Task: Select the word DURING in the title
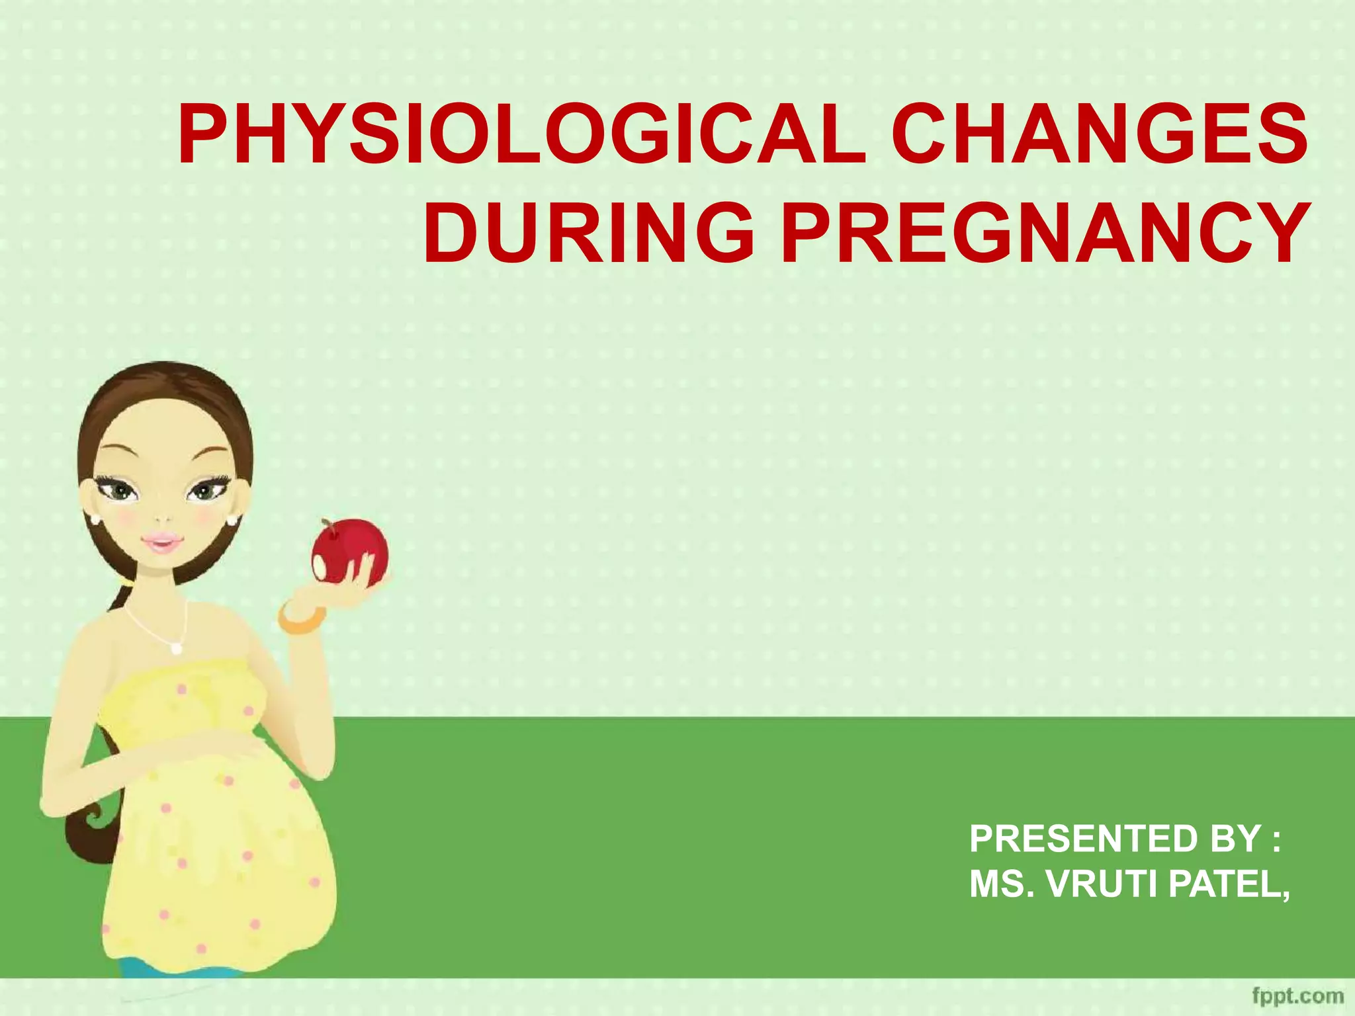588,233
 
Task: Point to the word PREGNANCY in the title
1045,233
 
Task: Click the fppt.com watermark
1297,996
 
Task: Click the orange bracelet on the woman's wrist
302,618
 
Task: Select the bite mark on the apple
321,566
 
